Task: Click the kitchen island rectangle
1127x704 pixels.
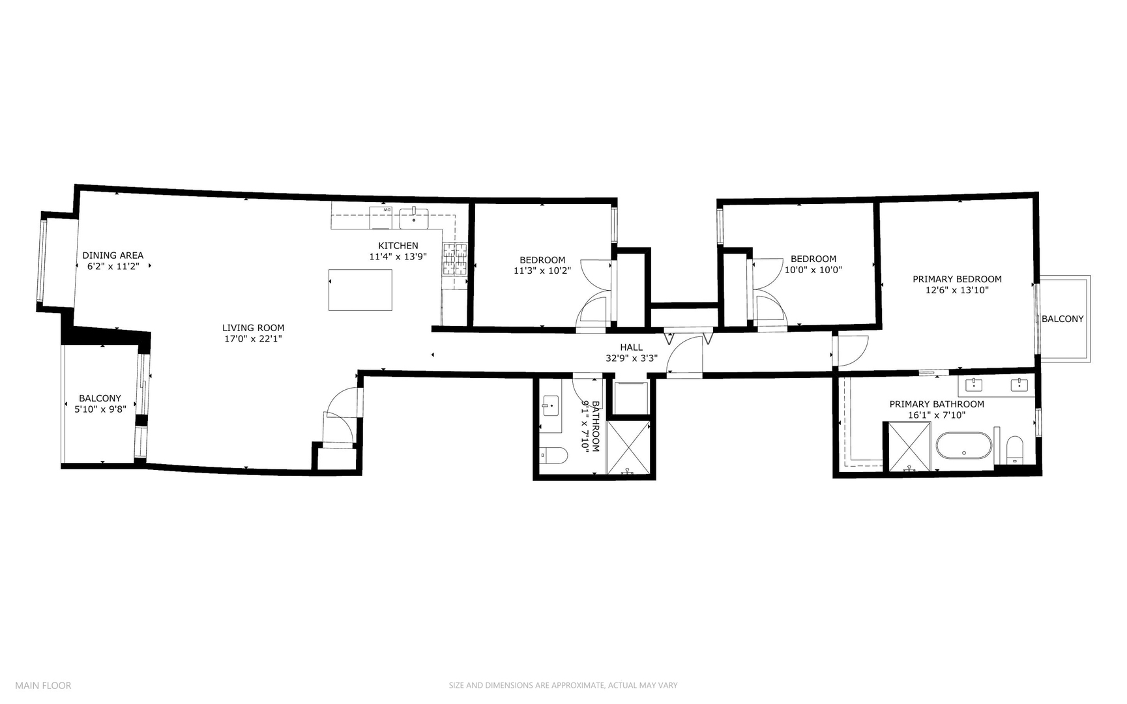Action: (x=360, y=289)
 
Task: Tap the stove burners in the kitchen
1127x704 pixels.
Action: (x=455, y=259)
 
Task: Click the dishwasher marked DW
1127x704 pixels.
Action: (x=381, y=217)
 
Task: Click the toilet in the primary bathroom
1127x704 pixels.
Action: (x=1015, y=449)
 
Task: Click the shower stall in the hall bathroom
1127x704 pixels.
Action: (x=628, y=447)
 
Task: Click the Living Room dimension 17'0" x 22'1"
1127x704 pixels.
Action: (x=253, y=339)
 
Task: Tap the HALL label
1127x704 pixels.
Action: (x=631, y=347)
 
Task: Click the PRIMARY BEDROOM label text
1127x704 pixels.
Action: (x=957, y=279)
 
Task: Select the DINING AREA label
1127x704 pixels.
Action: (x=113, y=256)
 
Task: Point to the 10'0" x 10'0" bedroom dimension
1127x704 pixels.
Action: (x=813, y=270)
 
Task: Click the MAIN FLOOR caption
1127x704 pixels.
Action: (x=43, y=685)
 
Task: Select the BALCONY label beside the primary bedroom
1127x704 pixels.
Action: (x=1062, y=319)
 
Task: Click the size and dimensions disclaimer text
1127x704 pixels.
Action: (x=563, y=685)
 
